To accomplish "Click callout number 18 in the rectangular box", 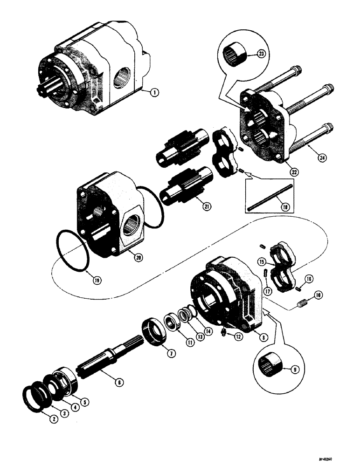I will (x=279, y=204).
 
